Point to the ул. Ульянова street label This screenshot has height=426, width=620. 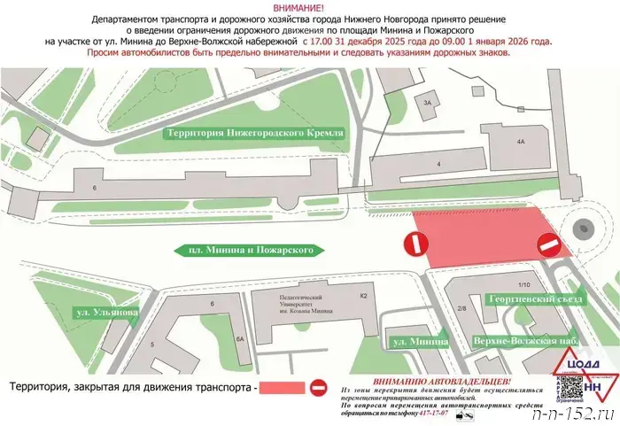pos(105,313)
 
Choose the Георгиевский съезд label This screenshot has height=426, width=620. pos(535,299)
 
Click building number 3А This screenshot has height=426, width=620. pos(429,103)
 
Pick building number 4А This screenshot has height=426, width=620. pos(520,141)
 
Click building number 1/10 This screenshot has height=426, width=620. pos(523,284)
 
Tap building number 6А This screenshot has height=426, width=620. pos(239,338)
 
